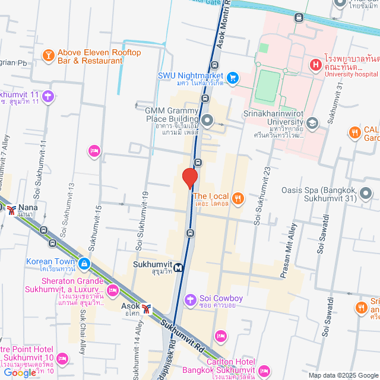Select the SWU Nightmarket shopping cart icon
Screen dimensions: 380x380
233,77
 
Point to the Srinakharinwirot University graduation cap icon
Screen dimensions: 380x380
313,123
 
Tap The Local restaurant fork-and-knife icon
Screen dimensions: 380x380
238,198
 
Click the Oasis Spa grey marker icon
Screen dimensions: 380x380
365,194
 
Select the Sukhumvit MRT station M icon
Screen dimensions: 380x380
179,267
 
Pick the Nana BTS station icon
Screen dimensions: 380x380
12,209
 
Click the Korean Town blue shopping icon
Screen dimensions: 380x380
84,262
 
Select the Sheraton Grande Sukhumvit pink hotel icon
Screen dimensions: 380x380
113,290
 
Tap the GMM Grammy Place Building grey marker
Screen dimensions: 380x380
207,121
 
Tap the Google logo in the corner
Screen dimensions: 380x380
19,372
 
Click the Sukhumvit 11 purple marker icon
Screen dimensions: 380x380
48,95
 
